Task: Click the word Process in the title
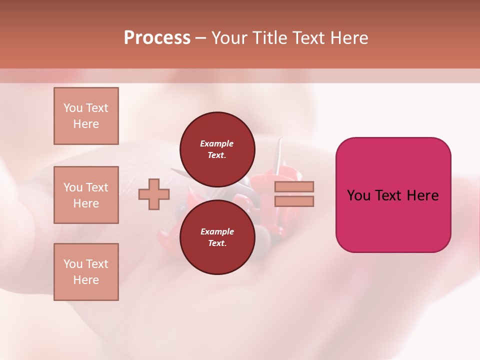[157, 38]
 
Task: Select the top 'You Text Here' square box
[86, 116]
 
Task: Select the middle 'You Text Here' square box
[86, 195]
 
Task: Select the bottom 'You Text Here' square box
[86, 272]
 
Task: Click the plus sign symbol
[154, 194]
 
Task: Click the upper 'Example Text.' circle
[217, 149]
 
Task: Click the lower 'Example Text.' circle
[217, 237]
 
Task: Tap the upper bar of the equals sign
[294, 186]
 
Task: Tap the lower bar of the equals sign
[294, 201]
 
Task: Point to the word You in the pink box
[358, 195]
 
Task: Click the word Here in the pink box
[422, 195]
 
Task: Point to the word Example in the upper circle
[217, 143]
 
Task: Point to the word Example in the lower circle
[217, 231]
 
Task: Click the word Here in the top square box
[86, 124]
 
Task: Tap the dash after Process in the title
[200, 38]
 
